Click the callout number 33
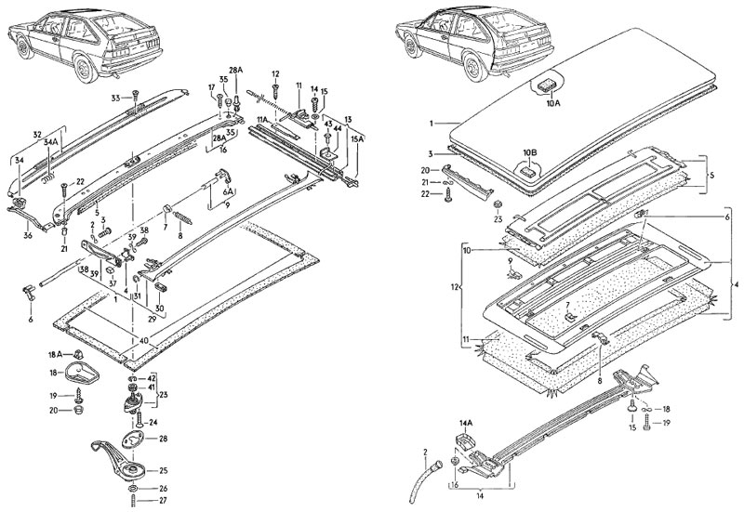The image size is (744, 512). [x=115, y=97]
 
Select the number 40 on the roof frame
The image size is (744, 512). [x=144, y=340]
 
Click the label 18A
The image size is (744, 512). [x=54, y=354]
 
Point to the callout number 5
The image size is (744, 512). [x=712, y=174]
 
